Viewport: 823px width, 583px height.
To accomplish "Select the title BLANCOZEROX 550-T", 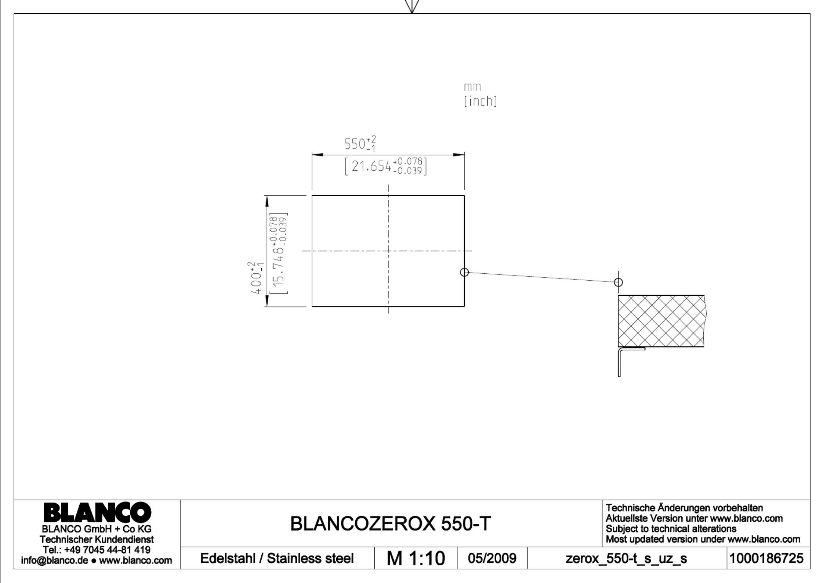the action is (x=390, y=523).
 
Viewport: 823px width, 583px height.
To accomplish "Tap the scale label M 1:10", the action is (x=416, y=558).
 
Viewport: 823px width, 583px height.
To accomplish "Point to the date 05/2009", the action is (x=492, y=558).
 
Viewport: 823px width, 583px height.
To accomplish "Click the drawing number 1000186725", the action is (x=766, y=558).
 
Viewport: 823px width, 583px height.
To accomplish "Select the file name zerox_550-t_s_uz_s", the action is (x=626, y=559).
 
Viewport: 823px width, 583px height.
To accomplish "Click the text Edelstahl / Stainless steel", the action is (x=277, y=558).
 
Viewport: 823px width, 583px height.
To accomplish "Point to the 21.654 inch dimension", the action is (x=386, y=166).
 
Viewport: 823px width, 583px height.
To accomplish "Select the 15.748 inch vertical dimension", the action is (x=278, y=253).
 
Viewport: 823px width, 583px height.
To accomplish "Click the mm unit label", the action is (x=473, y=87).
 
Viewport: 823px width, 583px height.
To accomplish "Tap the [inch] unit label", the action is (x=481, y=101).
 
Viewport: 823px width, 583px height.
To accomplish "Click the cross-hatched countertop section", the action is (x=661, y=321).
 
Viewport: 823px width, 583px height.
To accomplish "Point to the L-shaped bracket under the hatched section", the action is (x=620, y=362).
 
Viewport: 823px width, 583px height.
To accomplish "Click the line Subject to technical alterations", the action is (x=671, y=529).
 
